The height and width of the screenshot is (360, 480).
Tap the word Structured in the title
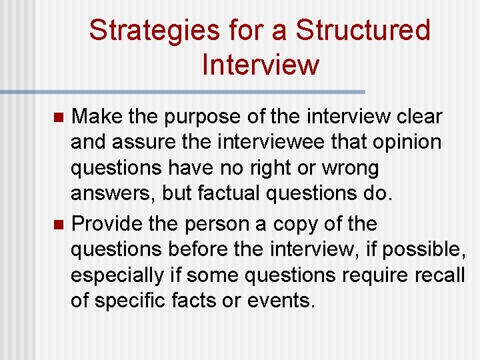click(363, 31)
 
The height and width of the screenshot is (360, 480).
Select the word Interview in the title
click(260, 65)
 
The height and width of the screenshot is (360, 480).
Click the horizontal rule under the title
click(183, 91)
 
